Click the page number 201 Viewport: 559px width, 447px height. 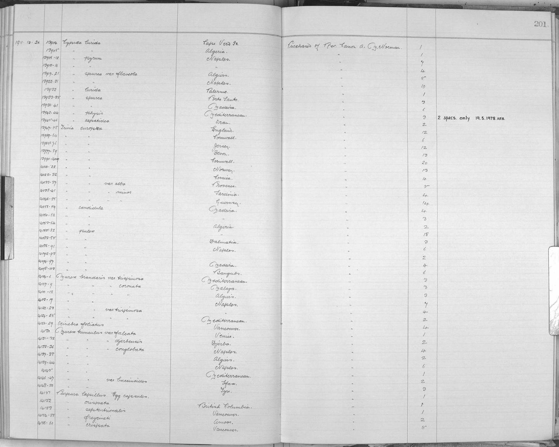pos(540,24)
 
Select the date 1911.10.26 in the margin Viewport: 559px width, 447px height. pos(26,43)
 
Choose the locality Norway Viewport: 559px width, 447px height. pos(224,170)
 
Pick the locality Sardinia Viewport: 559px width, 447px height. pos(226,194)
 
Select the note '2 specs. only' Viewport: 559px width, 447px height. pos(453,118)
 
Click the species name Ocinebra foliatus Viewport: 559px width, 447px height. pos(80,324)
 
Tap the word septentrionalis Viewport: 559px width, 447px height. pos(104,410)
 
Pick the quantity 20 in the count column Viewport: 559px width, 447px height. pos(424,163)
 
